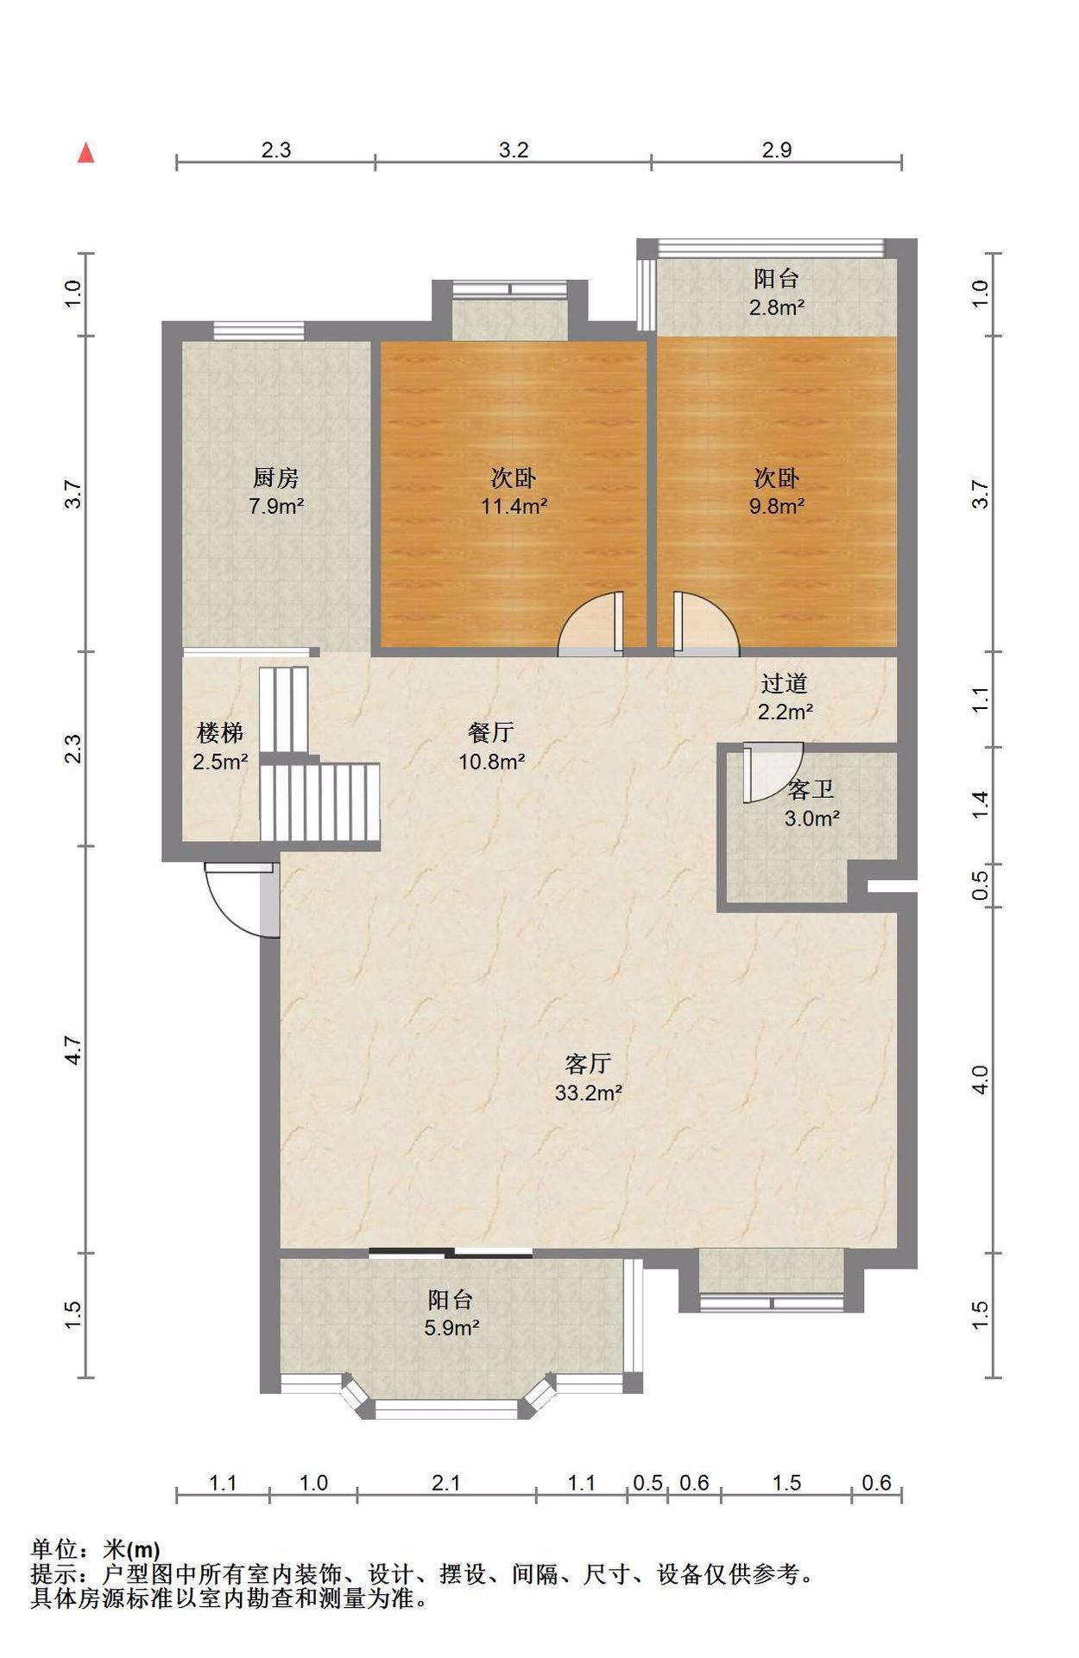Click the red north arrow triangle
click(x=85, y=153)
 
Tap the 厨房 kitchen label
click(x=275, y=477)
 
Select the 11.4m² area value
click(x=514, y=506)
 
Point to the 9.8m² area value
click(x=777, y=506)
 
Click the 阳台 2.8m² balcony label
click(x=777, y=292)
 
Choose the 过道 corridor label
click(x=784, y=683)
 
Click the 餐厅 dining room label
click(x=491, y=732)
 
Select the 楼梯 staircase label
click(x=220, y=733)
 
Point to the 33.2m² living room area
click(x=589, y=1092)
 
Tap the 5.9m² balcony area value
click(x=451, y=1327)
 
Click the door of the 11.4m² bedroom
click(x=590, y=623)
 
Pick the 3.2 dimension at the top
click(x=514, y=149)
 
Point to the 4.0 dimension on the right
click(x=980, y=1079)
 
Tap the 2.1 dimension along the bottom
click(x=446, y=1483)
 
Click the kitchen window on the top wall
click(x=259, y=330)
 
